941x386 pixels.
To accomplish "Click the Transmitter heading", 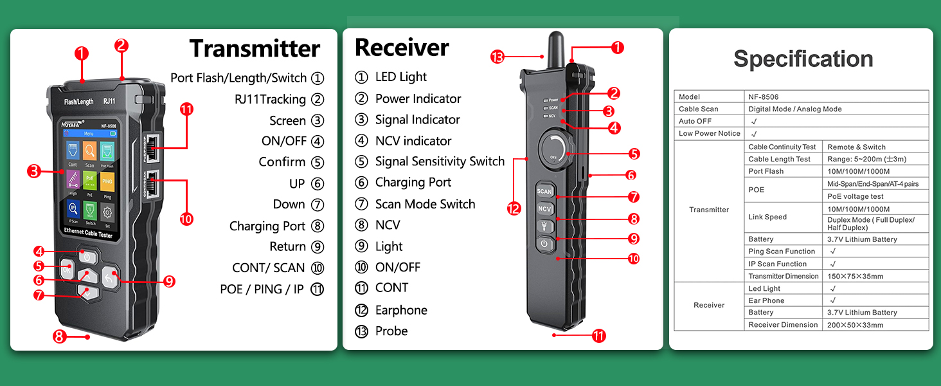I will pos(255,49).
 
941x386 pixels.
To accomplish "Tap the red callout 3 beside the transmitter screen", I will pos(35,171).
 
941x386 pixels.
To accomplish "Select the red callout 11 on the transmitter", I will pos(186,109).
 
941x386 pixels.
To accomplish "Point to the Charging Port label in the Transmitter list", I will pos(267,226).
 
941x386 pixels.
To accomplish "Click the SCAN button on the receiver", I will pos(544,191).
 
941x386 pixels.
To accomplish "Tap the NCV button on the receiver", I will pos(544,209).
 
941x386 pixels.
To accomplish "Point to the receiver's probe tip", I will pos(552,41).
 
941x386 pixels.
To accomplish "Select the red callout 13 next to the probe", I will pos(497,57).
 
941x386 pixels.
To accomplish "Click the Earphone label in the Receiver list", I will pos(401,311).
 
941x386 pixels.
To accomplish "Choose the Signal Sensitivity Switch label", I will pos(440,161).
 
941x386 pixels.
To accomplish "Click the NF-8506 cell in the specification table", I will pos(763,97).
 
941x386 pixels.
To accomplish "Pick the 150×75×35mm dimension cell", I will pos(855,277).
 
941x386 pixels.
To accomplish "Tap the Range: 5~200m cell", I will pos(866,160).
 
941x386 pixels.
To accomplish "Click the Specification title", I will pos(803,59).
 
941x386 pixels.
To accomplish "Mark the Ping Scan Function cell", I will pos(782,252).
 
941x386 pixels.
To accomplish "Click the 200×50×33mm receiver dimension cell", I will pos(855,325).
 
